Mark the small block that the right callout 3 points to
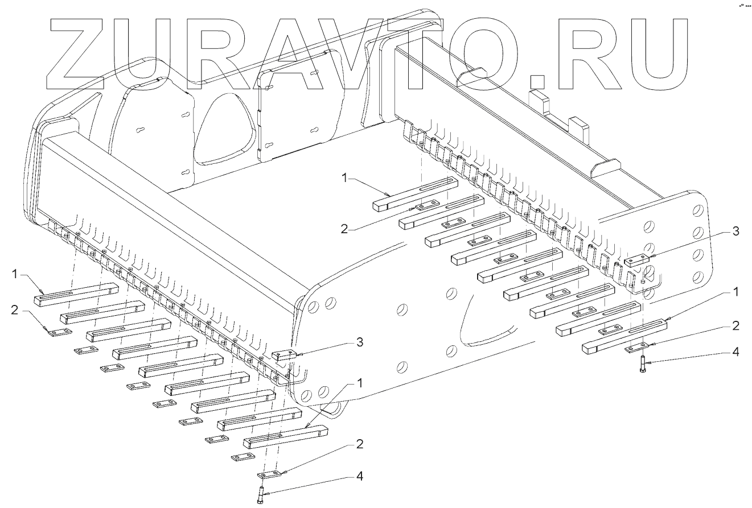[636, 261]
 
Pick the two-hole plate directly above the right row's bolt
[639, 345]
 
